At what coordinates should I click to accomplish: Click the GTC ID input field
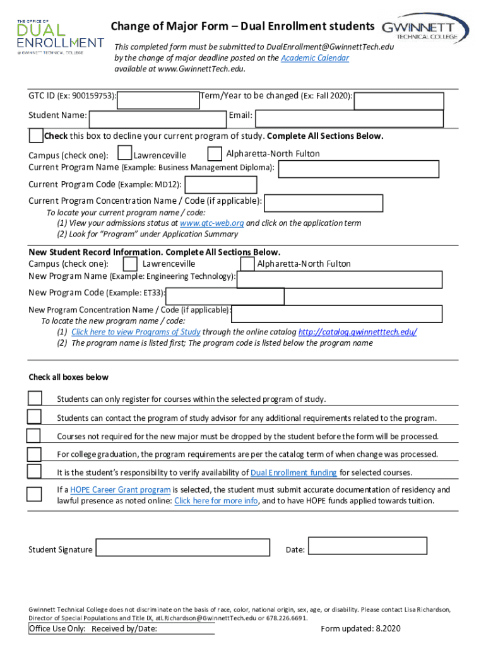pyautogui.click(x=158, y=100)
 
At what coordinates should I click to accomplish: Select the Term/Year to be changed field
pyautogui.click(x=398, y=101)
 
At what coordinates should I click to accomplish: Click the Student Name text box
pyautogui.click(x=157, y=119)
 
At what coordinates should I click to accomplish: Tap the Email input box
pyautogui.click(x=349, y=119)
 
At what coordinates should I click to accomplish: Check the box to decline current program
pyautogui.click(x=36, y=136)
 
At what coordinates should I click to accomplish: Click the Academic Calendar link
pyautogui.click(x=315, y=58)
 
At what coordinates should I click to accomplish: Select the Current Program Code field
pyautogui.click(x=220, y=185)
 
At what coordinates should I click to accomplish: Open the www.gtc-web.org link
pyautogui.click(x=211, y=223)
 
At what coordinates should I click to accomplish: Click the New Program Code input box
pyautogui.click(x=225, y=296)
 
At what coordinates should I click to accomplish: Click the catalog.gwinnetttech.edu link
pyautogui.click(x=357, y=332)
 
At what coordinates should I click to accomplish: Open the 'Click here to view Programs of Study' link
pyautogui.click(x=136, y=332)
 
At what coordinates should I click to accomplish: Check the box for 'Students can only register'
pyautogui.click(x=35, y=398)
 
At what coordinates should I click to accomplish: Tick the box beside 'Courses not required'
pyautogui.click(x=33, y=436)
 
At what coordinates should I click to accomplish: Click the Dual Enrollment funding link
pyautogui.click(x=293, y=473)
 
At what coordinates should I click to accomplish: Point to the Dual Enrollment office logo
pyautogui.click(x=60, y=36)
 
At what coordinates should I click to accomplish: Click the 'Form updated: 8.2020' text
pyautogui.click(x=360, y=628)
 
